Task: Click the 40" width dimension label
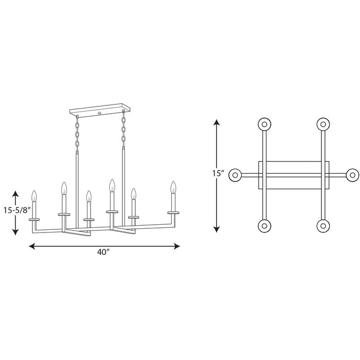coord(102,253)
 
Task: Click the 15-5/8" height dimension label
coord(17,210)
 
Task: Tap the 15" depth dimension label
coord(218,173)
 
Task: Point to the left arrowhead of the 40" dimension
coord(32,246)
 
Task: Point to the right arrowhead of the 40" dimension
coord(177,246)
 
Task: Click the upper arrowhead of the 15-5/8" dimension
coord(15,194)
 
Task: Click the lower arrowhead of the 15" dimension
coord(217,229)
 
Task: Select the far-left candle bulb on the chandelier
coord(34,196)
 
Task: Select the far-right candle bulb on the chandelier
coord(173,187)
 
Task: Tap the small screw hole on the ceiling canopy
coord(99,113)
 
